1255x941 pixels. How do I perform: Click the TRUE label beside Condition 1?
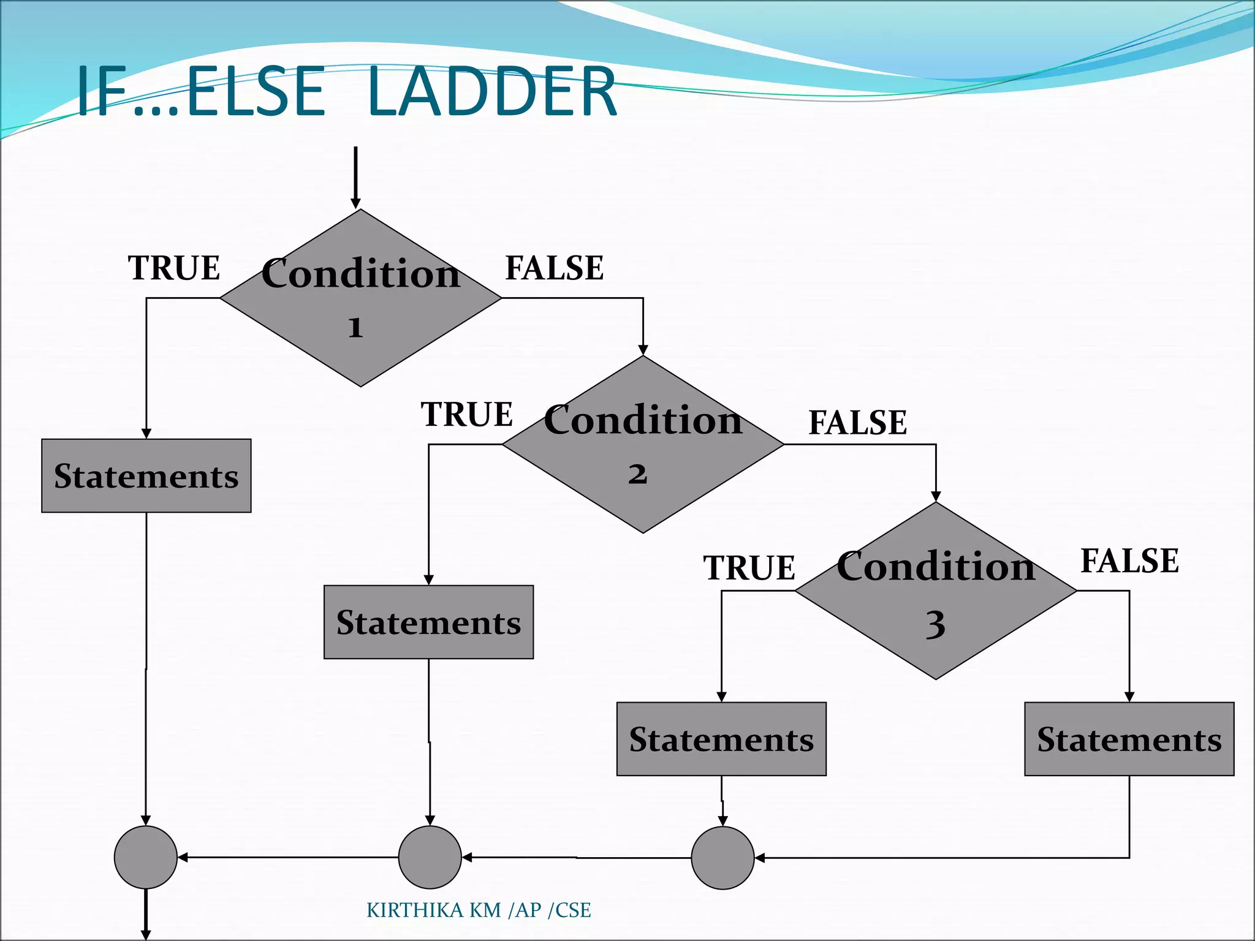174,268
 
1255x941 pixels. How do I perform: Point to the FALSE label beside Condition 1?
554,268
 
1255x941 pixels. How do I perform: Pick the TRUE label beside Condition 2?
466,415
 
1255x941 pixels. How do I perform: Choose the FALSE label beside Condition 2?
857,423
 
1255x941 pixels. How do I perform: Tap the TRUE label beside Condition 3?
749,568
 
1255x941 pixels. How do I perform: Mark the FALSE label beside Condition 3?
1129,561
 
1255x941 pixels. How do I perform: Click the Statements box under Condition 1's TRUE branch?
146,476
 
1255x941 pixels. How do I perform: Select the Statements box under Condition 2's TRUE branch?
428,622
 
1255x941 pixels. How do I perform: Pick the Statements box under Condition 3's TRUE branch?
721,739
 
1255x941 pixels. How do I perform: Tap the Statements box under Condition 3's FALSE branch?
1129,739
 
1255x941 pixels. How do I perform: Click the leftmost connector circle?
146,857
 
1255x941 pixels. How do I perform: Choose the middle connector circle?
430,857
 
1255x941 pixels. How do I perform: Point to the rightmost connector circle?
722,858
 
